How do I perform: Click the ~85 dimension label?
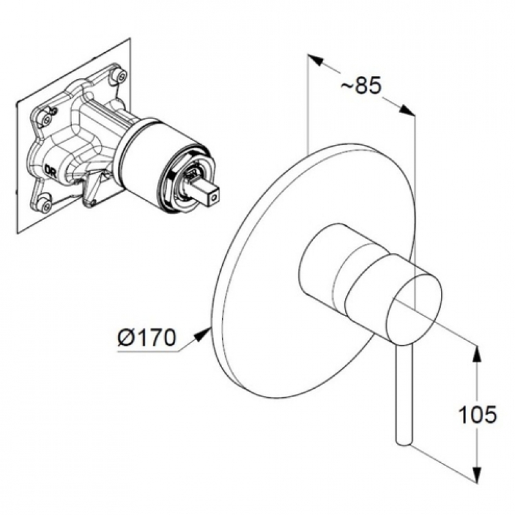(361, 85)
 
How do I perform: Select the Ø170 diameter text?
(147, 337)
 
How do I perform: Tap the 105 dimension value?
(477, 415)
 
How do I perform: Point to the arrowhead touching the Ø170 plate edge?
(202, 335)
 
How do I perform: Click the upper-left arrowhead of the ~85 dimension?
(316, 60)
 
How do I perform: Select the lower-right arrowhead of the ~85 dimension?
(406, 110)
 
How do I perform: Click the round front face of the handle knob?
(414, 311)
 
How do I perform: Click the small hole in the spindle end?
(214, 198)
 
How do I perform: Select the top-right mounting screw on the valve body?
(120, 75)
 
